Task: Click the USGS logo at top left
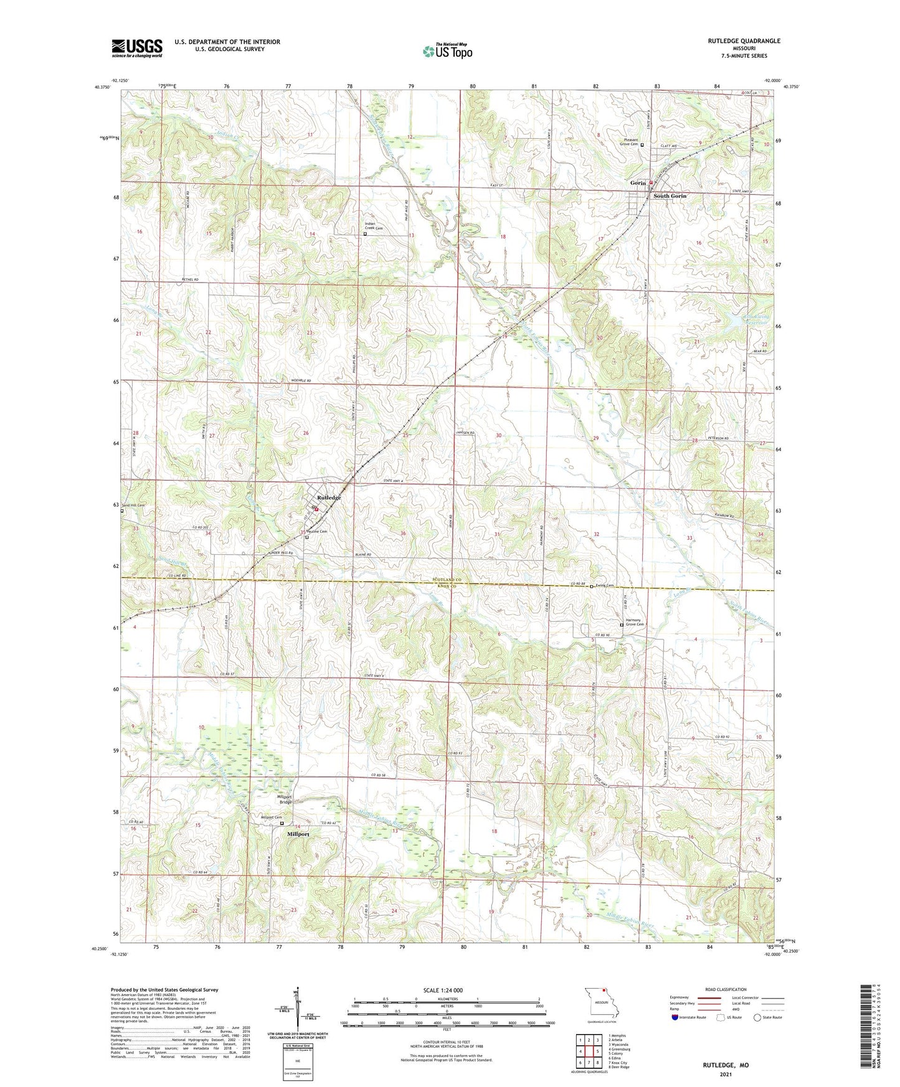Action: (136, 48)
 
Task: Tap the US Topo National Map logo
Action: (447, 51)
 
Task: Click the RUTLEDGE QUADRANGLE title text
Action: (744, 41)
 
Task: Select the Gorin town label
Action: (638, 183)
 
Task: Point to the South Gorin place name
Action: (670, 196)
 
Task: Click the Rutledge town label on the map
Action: (329, 498)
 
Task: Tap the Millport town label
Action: (298, 834)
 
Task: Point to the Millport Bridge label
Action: (285, 799)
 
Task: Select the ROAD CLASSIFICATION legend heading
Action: (726, 989)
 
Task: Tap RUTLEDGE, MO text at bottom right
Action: (726, 1065)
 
